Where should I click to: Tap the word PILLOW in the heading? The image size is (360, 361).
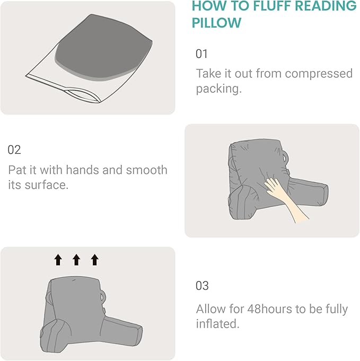click(216, 23)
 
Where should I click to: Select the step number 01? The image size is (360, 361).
click(202, 54)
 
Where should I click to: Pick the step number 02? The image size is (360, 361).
click(14, 149)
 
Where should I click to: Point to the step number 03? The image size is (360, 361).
click(202, 286)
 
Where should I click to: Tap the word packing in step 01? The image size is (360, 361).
click(217, 89)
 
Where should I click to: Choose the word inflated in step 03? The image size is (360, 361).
click(217, 324)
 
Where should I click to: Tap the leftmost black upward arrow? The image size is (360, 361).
click(58, 259)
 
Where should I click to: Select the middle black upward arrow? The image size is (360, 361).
click(76, 259)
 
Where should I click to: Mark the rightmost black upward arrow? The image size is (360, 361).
click(94, 259)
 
